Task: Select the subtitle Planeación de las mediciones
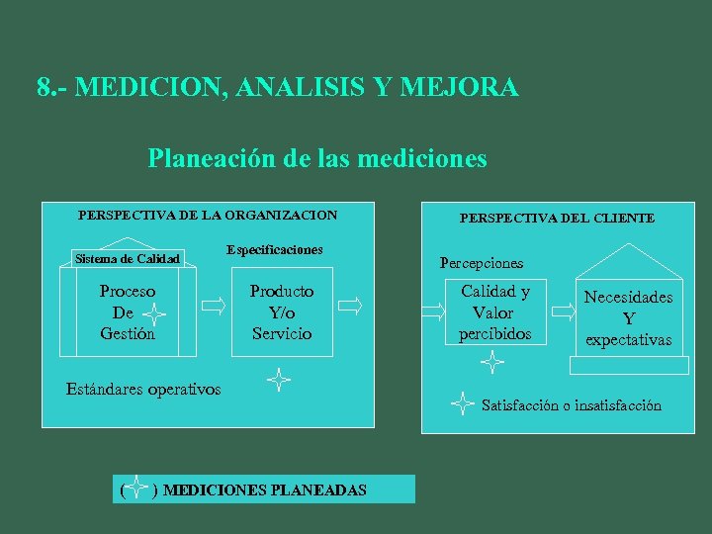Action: tap(317, 158)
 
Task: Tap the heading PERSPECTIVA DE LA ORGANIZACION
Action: tap(208, 215)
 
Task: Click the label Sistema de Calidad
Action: tap(128, 259)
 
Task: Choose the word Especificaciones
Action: tap(274, 250)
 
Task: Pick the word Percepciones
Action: tap(482, 263)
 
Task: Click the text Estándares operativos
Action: tap(143, 389)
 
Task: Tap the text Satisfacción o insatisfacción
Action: tap(572, 405)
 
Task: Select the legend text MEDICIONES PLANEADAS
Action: tap(265, 489)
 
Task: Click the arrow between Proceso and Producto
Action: tap(214, 308)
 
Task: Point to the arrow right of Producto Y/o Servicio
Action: tap(349, 308)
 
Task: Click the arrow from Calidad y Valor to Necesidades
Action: tap(564, 311)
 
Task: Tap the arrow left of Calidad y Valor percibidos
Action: tap(433, 311)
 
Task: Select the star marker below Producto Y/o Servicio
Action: tap(278, 378)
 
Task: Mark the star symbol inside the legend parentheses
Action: tap(138, 489)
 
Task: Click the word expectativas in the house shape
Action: tap(628, 340)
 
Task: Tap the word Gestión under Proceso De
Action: tap(128, 333)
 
